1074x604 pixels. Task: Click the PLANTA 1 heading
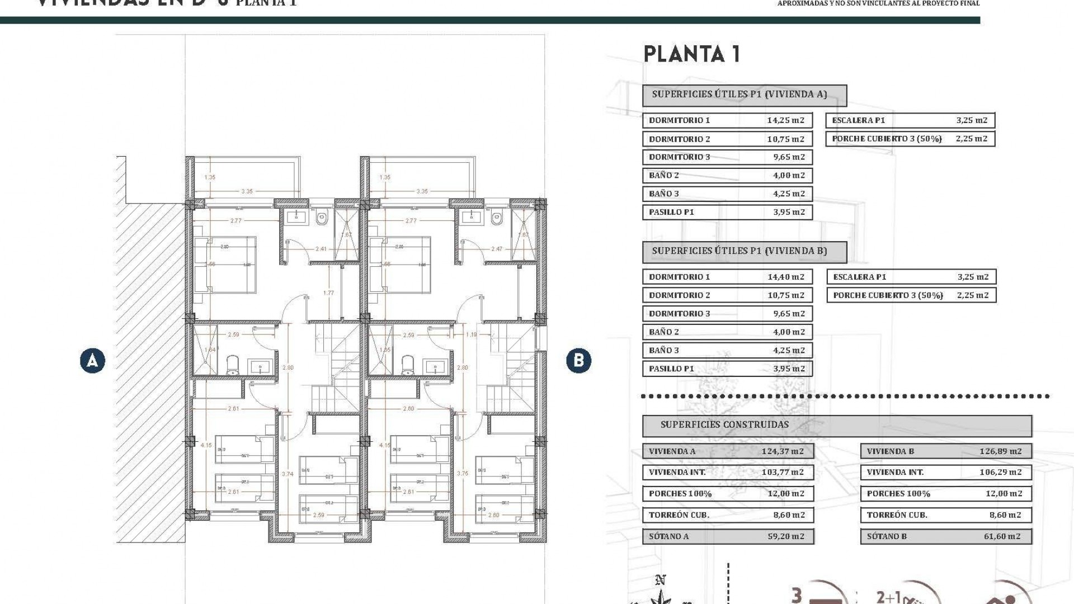pyautogui.click(x=692, y=54)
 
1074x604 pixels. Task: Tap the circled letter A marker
pyautogui.click(x=92, y=361)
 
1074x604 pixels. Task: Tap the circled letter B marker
pyautogui.click(x=578, y=361)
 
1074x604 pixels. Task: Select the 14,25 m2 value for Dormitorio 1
pyautogui.click(x=785, y=120)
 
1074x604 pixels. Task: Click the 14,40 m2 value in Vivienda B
pyautogui.click(x=785, y=277)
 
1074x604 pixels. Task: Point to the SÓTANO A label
pyautogui.click(x=669, y=536)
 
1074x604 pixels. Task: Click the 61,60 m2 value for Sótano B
pyautogui.click(x=1002, y=536)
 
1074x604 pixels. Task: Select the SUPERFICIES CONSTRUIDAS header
pyautogui.click(x=724, y=425)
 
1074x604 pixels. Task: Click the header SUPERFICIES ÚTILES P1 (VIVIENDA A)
pyautogui.click(x=739, y=95)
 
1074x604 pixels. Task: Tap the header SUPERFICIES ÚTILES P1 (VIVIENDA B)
pyautogui.click(x=739, y=251)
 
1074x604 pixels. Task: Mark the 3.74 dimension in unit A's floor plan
pyautogui.click(x=288, y=474)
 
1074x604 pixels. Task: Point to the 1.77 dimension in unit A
pyautogui.click(x=328, y=293)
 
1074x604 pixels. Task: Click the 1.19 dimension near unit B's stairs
pyautogui.click(x=471, y=335)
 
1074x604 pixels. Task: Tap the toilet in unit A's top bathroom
pyautogui.click(x=322, y=218)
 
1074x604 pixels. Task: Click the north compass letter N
pyautogui.click(x=660, y=580)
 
